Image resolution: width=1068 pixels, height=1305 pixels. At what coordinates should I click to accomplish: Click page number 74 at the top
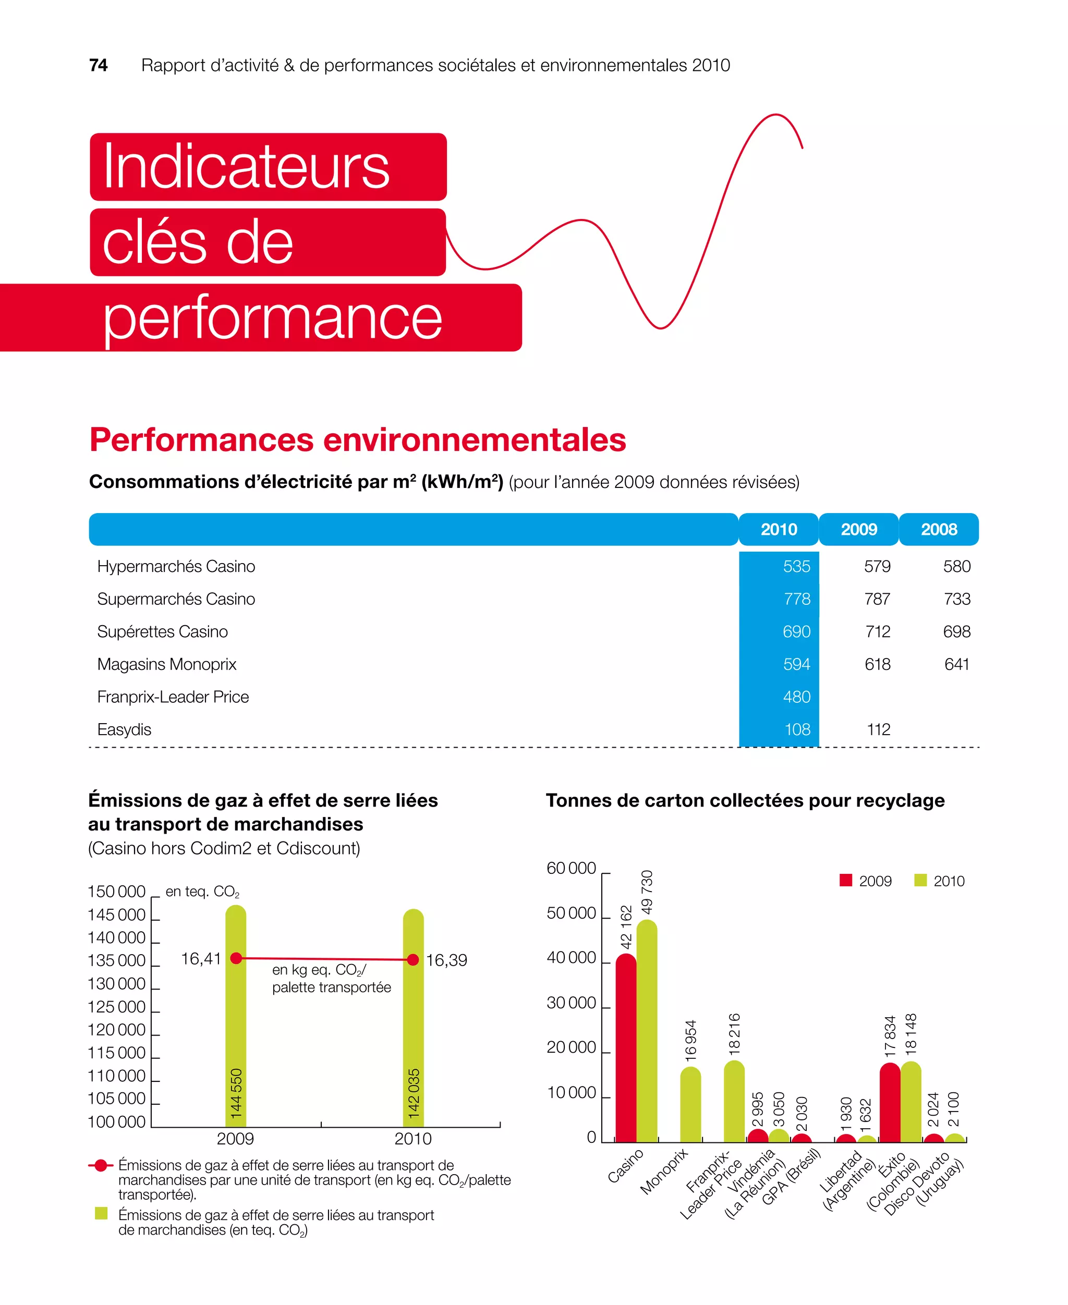(98, 65)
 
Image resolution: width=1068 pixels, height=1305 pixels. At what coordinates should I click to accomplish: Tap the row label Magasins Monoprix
(167, 664)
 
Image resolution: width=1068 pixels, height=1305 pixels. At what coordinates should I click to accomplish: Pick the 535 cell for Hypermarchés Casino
(796, 566)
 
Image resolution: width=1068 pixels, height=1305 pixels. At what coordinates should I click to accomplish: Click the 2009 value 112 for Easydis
(878, 729)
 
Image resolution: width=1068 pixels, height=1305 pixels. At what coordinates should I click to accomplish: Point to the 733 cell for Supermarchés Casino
(956, 599)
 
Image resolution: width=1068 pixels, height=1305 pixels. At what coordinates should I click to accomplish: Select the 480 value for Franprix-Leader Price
(796, 697)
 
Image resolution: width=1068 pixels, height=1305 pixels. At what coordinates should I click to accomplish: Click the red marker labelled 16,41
(236, 958)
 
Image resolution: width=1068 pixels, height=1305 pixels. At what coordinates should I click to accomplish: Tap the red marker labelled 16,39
(413, 959)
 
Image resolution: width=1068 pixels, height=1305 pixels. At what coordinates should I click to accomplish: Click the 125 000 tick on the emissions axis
(116, 1007)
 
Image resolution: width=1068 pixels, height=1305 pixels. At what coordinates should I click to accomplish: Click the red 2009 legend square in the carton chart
(845, 880)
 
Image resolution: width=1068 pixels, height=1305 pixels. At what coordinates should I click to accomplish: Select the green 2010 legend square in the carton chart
(920, 880)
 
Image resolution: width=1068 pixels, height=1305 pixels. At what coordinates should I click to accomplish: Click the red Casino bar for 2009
(626, 1052)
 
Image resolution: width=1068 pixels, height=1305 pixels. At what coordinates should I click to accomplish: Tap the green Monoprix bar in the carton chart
(690, 1107)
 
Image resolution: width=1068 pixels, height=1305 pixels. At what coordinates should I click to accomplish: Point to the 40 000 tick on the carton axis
(571, 958)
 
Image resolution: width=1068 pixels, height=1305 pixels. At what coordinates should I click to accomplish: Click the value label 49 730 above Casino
(647, 892)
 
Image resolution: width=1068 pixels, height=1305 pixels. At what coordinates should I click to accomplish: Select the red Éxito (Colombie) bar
(890, 1104)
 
